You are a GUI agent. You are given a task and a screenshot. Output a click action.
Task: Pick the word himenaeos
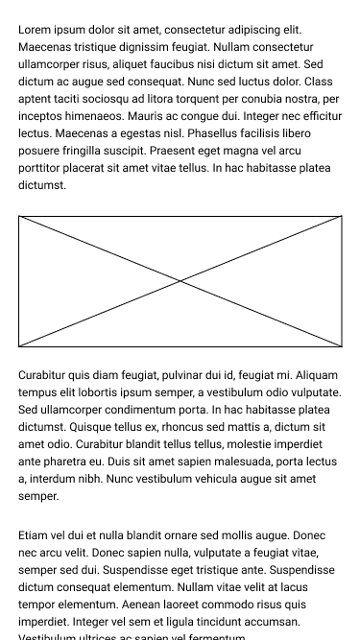[x=88, y=116]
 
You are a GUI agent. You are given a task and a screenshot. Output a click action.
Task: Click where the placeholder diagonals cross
[x=180, y=281]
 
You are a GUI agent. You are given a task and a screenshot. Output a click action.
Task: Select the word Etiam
[x=36, y=535]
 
